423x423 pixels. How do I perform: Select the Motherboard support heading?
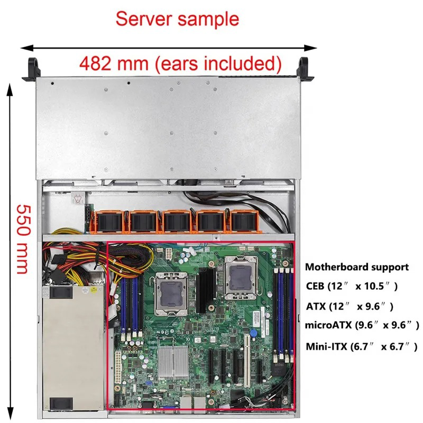pos(357,267)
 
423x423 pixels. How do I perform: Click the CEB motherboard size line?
pos(352,286)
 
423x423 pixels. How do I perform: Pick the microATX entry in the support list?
pos(363,324)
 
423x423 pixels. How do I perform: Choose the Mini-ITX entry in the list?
pos(362,347)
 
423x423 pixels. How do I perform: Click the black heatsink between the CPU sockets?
pos(207,289)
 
